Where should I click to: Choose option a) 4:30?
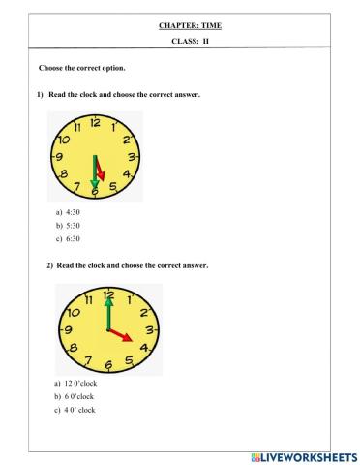point(71,209)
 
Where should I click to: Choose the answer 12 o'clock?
point(77,384)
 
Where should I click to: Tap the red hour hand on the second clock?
point(120,334)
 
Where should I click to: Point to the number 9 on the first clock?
point(58,157)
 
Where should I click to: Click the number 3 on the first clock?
point(133,156)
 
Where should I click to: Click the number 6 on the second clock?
point(108,363)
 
